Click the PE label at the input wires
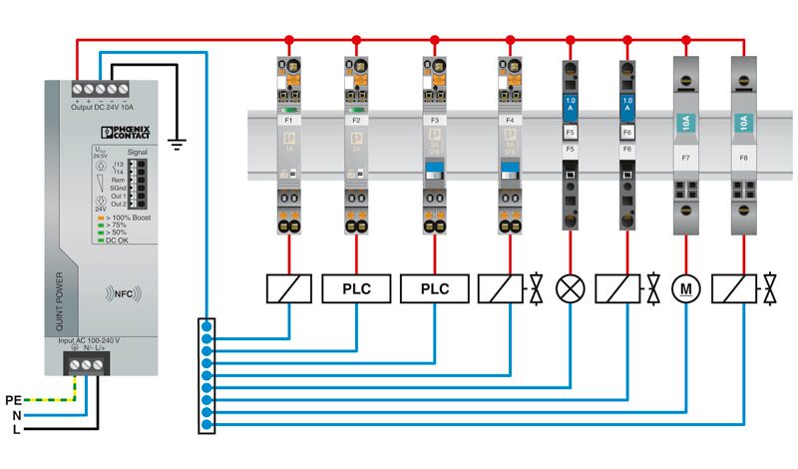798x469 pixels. coord(13,399)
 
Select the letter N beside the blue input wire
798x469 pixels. coord(17,414)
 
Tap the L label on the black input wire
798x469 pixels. coord(18,430)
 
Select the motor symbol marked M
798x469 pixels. coord(686,289)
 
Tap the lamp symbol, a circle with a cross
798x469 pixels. coord(571,289)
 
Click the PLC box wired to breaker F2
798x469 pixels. coord(356,289)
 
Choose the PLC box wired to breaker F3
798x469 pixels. coord(435,289)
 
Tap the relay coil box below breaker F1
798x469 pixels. coord(289,289)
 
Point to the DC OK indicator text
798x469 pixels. coord(118,240)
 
